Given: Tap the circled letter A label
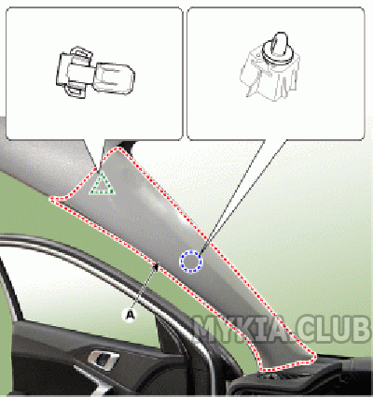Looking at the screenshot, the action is (x=130, y=315).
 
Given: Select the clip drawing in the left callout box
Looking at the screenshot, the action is (x=95, y=72).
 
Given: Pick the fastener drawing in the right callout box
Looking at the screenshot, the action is (x=269, y=66).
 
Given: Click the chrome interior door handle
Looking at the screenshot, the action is (x=103, y=359).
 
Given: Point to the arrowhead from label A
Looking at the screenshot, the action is (x=157, y=267).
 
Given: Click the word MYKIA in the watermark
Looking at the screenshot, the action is (x=241, y=330).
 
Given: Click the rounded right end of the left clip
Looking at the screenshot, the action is (x=116, y=78).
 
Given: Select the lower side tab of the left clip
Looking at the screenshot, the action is (x=76, y=91).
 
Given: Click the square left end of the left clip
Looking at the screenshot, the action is (x=63, y=69).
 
